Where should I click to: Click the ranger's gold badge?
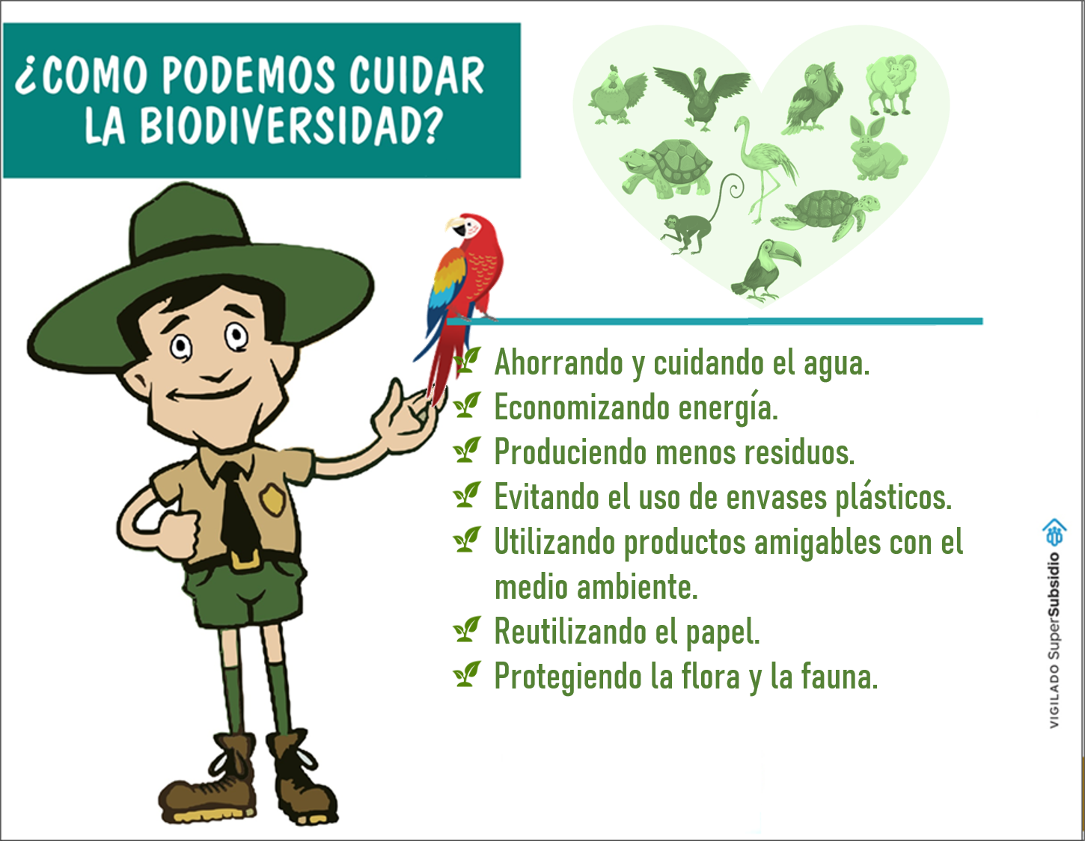tap(272, 499)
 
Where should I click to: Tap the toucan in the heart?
tap(765, 269)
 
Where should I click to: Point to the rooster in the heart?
tap(616, 95)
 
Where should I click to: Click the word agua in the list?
tap(837, 363)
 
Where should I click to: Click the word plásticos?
tap(893, 497)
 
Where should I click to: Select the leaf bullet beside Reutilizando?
tap(467, 629)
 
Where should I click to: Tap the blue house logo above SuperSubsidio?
tap(1054, 532)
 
